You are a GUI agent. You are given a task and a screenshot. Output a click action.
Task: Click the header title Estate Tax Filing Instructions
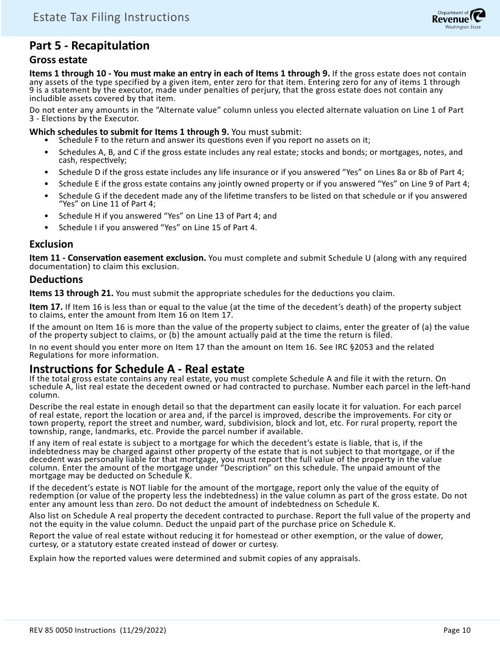pos(111,17)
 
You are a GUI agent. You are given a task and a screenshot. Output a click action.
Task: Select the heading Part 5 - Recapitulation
pos(89,46)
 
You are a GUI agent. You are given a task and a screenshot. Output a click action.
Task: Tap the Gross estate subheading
pos(58,60)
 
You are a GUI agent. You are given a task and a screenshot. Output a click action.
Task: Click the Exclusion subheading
pos(52,244)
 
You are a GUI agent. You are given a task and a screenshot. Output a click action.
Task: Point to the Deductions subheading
pos(56,279)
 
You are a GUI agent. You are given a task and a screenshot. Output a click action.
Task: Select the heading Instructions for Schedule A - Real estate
pos(137,369)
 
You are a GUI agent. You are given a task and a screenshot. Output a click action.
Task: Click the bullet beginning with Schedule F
pos(214,140)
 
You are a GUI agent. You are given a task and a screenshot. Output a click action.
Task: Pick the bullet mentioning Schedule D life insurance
pos(261,172)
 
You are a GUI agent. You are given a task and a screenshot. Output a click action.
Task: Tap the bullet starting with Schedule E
pos(264,183)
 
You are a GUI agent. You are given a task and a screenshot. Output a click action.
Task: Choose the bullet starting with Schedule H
pos(167,216)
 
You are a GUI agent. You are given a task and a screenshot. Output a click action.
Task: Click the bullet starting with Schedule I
pos(157,228)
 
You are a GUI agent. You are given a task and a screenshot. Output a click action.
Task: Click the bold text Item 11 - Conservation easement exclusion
pos(118,258)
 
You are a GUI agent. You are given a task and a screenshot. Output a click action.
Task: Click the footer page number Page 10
pos(457,630)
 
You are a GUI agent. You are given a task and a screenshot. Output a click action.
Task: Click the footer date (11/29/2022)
pos(143,630)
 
